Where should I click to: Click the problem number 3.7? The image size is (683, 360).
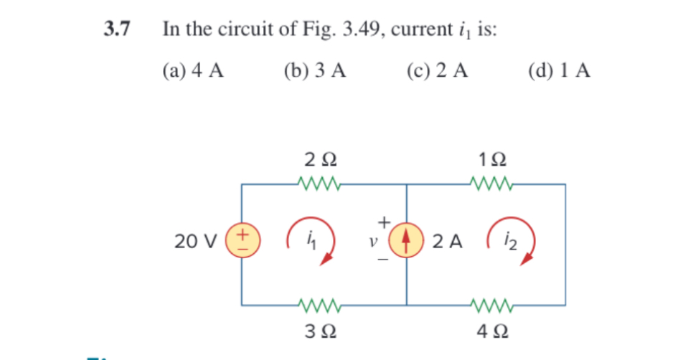[x=117, y=29]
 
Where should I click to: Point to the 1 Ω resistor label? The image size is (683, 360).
[x=493, y=158]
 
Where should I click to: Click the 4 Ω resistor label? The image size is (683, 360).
[x=493, y=331]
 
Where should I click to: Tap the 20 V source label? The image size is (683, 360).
[x=196, y=241]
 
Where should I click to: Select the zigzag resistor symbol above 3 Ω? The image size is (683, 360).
[x=316, y=305]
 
